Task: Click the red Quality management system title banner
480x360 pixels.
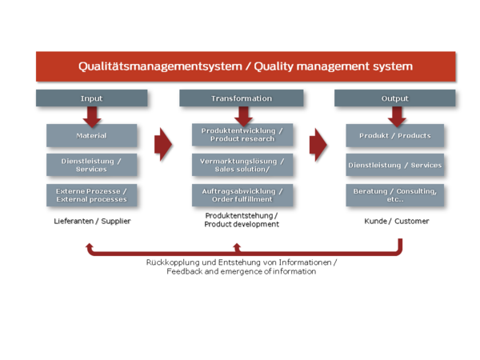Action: click(246, 66)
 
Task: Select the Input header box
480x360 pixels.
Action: click(91, 98)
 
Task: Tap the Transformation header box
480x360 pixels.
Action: click(242, 98)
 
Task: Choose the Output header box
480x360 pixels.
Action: click(394, 98)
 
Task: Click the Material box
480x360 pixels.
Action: click(91, 135)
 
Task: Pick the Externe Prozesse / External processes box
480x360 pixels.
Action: click(91, 195)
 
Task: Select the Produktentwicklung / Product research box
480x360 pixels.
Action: click(242, 134)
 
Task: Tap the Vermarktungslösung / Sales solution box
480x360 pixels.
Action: click(242, 165)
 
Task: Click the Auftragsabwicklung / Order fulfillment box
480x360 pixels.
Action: click(242, 195)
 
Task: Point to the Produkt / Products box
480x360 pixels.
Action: click(395, 135)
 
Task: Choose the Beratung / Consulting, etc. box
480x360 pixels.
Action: click(395, 195)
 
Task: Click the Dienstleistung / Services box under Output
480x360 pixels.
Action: click(395, 165)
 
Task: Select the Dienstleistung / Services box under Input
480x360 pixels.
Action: click(91, 165)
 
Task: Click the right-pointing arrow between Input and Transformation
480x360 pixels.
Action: click(163, 144)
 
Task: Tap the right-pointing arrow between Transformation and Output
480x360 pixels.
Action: click(318, 145)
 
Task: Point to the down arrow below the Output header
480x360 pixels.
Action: click(397, 117)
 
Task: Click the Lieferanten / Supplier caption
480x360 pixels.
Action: click(92, 221)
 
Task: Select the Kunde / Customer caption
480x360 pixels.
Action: click(397, 221)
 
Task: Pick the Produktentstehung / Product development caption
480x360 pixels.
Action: click(242, 220)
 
